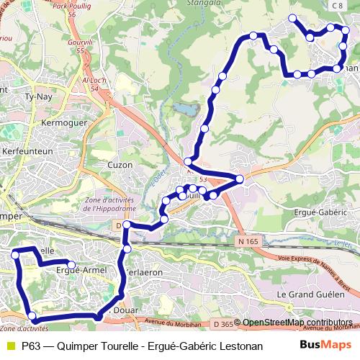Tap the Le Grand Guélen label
pos(308,294)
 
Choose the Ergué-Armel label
pos(81,270)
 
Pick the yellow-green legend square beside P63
pos(9,346)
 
